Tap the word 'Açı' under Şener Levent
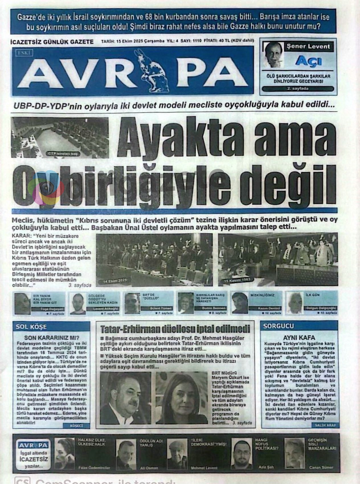pos(308,61)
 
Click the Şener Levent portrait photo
pos(273,55)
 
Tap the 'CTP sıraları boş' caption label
pos(64,154)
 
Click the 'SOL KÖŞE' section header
pos(31,327)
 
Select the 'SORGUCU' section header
pos(279,326)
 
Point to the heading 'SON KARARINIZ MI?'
pos(52,338)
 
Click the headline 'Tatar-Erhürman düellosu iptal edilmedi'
pos(175,329)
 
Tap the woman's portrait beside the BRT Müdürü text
pos(181,398)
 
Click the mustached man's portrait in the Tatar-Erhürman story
pos(126,398)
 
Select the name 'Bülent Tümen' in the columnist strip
pos(161,308)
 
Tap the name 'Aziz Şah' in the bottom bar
pos(266,467)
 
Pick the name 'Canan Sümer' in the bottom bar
pos(321,467)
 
